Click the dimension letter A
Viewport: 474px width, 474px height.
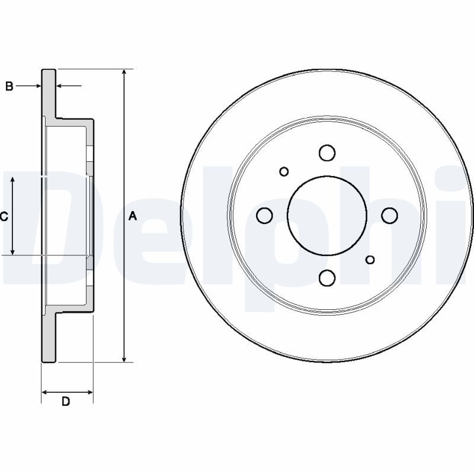click(133, 216)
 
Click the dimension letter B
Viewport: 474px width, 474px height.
click(9, 86)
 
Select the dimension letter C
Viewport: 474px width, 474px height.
click(4, 216)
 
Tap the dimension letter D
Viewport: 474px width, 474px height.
click(66, 402)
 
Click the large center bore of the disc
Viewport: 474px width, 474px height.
click(327, 215)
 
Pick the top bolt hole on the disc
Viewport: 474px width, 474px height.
click(327, 153)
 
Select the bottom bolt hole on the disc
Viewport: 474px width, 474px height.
click(327, 278)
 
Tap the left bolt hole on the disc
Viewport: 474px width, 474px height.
click(264, 215)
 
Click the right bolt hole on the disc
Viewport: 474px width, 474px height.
click(389, 215)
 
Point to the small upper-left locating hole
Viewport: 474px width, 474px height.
click(284, 172)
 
